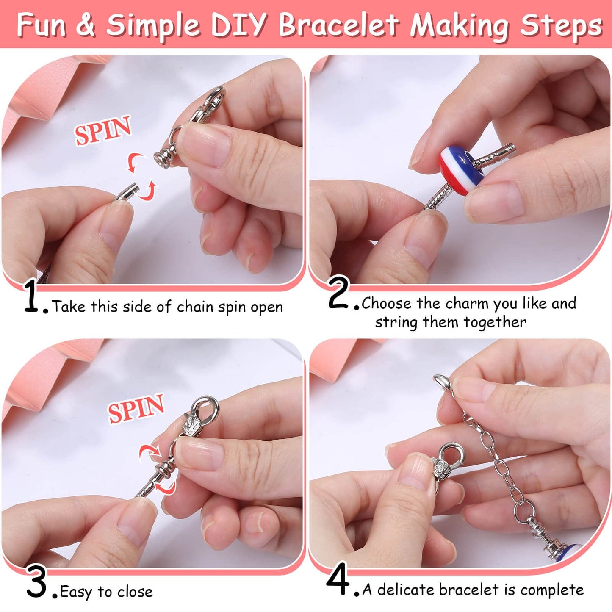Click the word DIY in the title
coord(238,25)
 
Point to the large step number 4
coord(338,579)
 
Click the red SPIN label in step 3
coord(136,407)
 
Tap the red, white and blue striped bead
coord(461,169)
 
